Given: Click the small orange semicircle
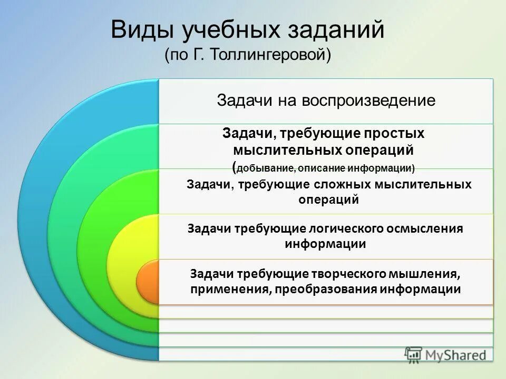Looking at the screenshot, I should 148,282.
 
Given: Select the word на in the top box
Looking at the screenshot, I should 287,101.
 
